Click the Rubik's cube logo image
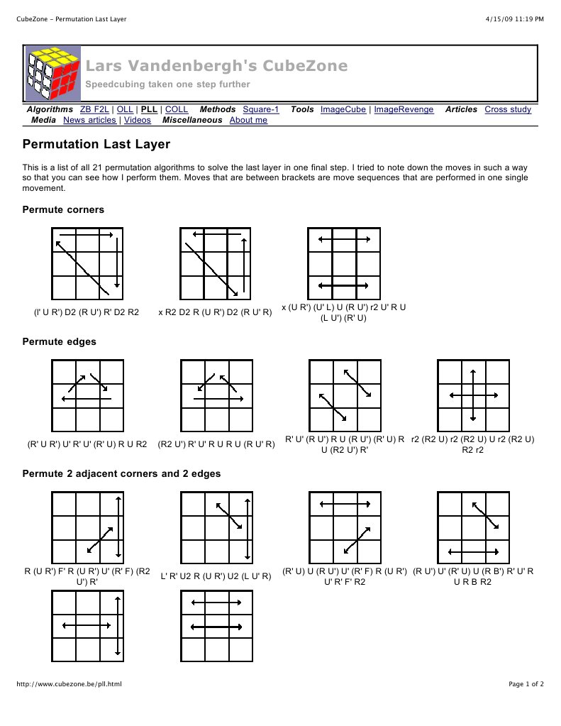[x=54, y=74]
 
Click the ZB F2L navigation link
[x=96, y=109]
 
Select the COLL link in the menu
[x=177, y=109]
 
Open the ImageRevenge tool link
[x=405, y=109]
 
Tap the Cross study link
[x=508, y=109]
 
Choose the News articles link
[x=89, y=120]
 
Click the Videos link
[x=138, y=120]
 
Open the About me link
[x=248, y=120]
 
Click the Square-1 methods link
[x=261, y=109]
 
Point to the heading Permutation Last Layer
[x=96, y=145]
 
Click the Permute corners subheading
[x=63, y=209]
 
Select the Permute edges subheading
[x=60, y=341]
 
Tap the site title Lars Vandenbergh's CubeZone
[x=216, y=66]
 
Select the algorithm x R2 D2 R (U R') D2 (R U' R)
[x=216, y=312]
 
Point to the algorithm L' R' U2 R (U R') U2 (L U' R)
[x=216, y=576]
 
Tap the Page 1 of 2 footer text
[x=526, y=684]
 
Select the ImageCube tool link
[x=343, y=109]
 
